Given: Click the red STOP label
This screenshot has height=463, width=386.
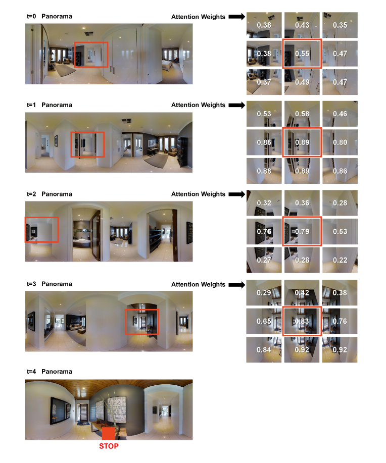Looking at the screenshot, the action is pyautogui.click(x=109, y=446).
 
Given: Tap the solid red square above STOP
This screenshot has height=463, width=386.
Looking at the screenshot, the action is pyautogui.click(x=108, y=434).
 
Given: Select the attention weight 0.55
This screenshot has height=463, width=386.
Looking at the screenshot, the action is pyautogui.click(x=302, y=54).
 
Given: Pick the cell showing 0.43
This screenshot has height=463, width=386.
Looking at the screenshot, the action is pyautogui.click(x=302, y=25).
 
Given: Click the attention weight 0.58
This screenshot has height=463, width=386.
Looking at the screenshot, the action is pyautogui.click(x=302, y=114).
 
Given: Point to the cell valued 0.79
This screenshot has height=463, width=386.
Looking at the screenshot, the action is pyautogui.click(x=302, y=231).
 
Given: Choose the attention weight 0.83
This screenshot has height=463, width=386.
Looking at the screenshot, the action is pyautogui.click(x=302, y=321).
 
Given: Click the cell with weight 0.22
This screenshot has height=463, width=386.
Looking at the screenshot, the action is pyautogui.click(x=340, y=260).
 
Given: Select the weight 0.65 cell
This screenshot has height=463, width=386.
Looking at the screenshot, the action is pyautogui.click(x=264, y=321).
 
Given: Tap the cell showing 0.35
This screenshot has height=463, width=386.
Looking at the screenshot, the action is pyautogui.click(x=340, y=25).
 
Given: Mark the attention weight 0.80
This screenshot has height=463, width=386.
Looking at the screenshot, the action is pyautogui.click(x=340, y=142).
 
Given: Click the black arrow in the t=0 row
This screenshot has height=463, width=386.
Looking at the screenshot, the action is pyautogui.click(x=237, y=17).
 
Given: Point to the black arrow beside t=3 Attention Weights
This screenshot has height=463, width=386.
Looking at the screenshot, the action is pyautogui.click(x=237, y=285).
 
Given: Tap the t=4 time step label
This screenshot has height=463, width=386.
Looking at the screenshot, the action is pyautogui.click(x=31, y=372).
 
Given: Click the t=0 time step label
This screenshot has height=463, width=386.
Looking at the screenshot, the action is pyautogui.click(x=31, y=16).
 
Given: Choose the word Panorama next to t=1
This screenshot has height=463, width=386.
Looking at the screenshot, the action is pyautogui.click(x=57, y=105).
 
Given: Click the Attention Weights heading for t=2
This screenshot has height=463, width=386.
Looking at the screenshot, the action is pyautogui.click(x=199, y=194).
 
